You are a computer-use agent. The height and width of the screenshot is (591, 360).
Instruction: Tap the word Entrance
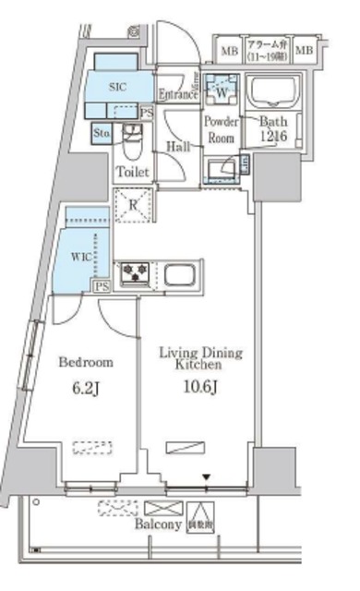178,94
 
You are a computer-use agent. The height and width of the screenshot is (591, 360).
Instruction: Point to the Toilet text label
131,172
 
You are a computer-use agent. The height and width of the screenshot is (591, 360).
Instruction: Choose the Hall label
179,147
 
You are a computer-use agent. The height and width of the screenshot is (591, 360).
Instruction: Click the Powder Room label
222,129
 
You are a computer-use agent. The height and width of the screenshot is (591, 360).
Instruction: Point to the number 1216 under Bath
274,137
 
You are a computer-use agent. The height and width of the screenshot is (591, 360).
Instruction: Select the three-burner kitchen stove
136,272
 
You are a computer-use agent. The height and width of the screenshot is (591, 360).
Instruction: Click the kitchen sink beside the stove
180,273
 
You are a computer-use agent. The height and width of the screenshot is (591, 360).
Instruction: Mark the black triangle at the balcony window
207,477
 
